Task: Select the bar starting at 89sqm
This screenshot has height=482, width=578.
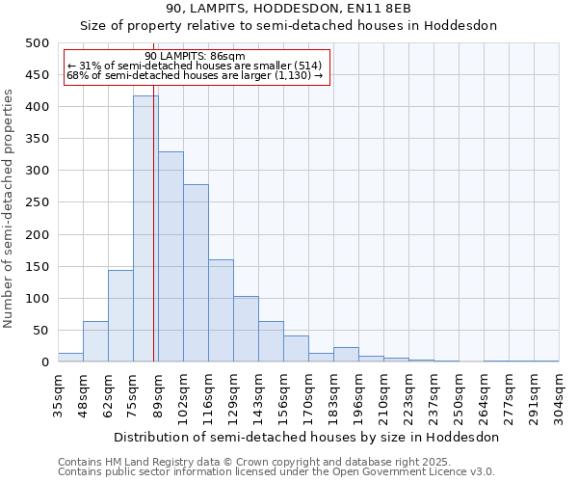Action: [171, 256]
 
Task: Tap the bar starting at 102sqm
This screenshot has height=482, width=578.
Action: [196, 273]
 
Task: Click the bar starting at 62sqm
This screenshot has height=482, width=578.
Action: [120, 316]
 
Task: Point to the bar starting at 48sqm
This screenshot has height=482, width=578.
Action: [95, 341]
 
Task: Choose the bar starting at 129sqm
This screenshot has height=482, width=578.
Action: [246, 329]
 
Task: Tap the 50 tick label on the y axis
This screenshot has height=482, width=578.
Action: [40, 331]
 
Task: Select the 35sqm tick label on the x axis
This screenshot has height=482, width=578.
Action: [59, 396]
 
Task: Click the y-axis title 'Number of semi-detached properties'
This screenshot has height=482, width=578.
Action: [10, 208]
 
